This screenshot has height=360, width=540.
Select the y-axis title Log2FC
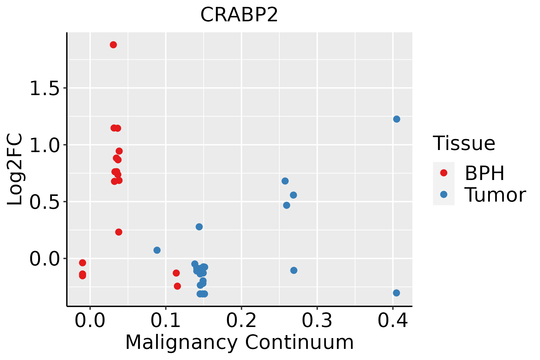point(15,169)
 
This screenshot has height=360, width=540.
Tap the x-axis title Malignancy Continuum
point(239,342)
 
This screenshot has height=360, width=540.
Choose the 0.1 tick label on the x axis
point(166,320)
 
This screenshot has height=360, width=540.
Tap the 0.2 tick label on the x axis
point(241,320)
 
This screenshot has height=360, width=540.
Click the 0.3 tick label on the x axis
point(317,320)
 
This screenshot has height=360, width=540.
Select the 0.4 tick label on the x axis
point(392,320)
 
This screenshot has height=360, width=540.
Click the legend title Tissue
point(464,143)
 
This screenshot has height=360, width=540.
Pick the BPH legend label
point(484,173)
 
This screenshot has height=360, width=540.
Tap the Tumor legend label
point(495,195)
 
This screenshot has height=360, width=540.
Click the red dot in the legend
point(443,173)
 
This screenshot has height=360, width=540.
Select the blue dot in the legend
point(443,194)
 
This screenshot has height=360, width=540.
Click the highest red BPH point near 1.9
point(113,45)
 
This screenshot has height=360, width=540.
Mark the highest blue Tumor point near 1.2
point(397,119)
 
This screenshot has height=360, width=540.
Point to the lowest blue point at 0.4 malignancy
point(396,293)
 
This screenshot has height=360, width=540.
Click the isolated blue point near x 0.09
point(157,250)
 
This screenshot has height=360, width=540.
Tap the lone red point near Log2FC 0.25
point(119,232)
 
